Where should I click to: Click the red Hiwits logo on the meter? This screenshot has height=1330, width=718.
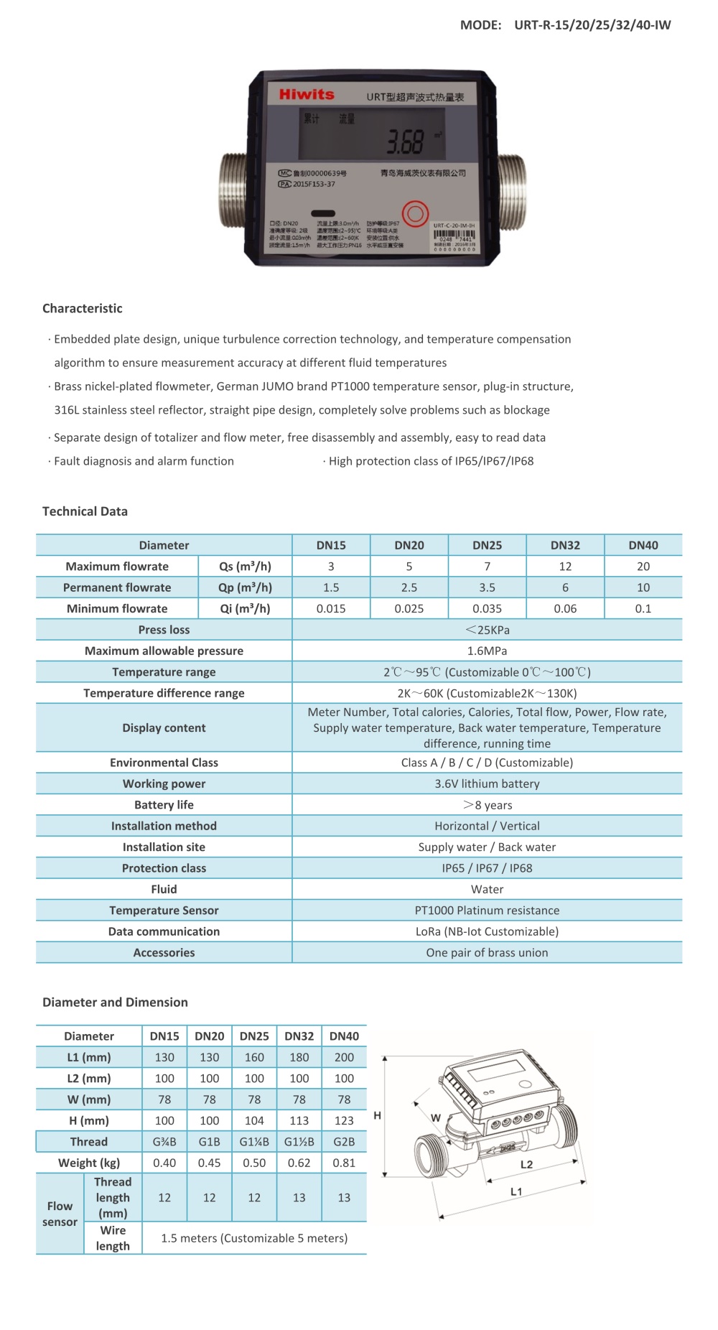click(307, 94)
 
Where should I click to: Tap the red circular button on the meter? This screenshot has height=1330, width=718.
click(415, 213)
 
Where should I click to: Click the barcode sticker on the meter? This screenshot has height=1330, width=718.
click(454, 236)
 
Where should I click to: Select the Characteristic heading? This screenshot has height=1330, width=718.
click(82, 308)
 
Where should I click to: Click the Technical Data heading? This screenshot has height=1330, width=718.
click(85, 511)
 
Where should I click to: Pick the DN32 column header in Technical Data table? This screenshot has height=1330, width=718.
click(565, 545)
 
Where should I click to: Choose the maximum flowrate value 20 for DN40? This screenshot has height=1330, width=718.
click(643, 566)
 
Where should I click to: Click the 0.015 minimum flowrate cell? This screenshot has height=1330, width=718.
click(331, 608)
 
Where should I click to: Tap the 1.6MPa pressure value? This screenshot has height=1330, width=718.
click(487, 651)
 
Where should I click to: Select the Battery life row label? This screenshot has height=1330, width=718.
click(164, 804)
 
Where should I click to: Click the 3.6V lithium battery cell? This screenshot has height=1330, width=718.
click(487, 783)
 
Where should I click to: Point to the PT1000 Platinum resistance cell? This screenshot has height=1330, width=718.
click(487, 910)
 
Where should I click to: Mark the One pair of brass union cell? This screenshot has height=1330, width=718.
click(487, 952)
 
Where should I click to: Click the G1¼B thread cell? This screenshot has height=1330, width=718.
click(254, 1141)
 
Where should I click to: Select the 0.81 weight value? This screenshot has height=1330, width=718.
click(344, 1162)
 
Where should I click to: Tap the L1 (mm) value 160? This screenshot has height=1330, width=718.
click(254, 1057)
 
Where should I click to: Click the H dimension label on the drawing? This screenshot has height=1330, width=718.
click(377, 1115)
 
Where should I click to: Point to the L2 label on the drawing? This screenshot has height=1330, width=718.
click(526, 1164)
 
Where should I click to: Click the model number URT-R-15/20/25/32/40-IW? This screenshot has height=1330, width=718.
click(592, 24)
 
